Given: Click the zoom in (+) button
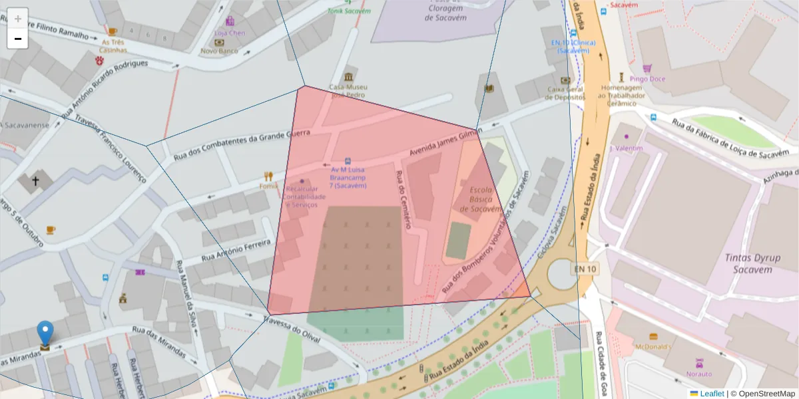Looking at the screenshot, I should [x=18, y=19].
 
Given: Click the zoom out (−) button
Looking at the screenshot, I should [x=18, y=39].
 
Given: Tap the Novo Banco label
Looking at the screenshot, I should [x=219, y=51].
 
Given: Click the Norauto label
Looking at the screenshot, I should [x=699, y=374].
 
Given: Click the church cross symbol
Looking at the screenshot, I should [x=35, y=180].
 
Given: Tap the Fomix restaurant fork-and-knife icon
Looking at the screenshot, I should [x=268, y=176].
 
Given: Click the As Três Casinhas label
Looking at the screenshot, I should [x=113, y=46].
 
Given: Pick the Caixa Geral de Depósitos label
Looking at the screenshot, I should [x=565, y=93].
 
